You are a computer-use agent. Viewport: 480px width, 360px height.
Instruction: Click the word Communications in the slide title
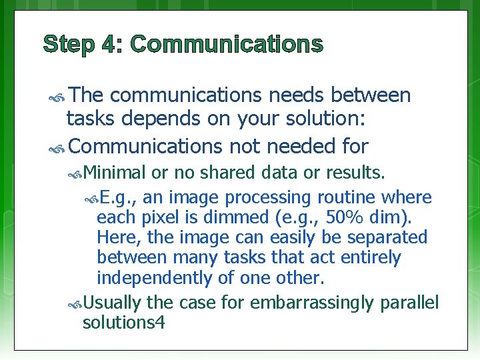click(x=227, y=45)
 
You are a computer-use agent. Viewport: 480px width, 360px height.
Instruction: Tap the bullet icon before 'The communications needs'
click(x=56, y=97)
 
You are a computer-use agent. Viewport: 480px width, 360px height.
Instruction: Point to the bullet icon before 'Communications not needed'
click(x=56, y=146)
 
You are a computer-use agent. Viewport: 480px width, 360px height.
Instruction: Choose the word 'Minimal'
click(x=115, y=173)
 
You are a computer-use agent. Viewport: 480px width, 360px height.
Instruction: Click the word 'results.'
click(x=355, y=173)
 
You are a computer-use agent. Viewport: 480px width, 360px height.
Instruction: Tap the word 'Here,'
click(x=116, y=237)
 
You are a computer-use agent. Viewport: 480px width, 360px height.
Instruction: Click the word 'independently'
click(x=150, y=277)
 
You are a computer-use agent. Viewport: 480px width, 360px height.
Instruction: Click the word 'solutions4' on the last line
click(x=123, y=323)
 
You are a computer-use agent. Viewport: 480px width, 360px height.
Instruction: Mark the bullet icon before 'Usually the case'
click(x=75, y=304)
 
